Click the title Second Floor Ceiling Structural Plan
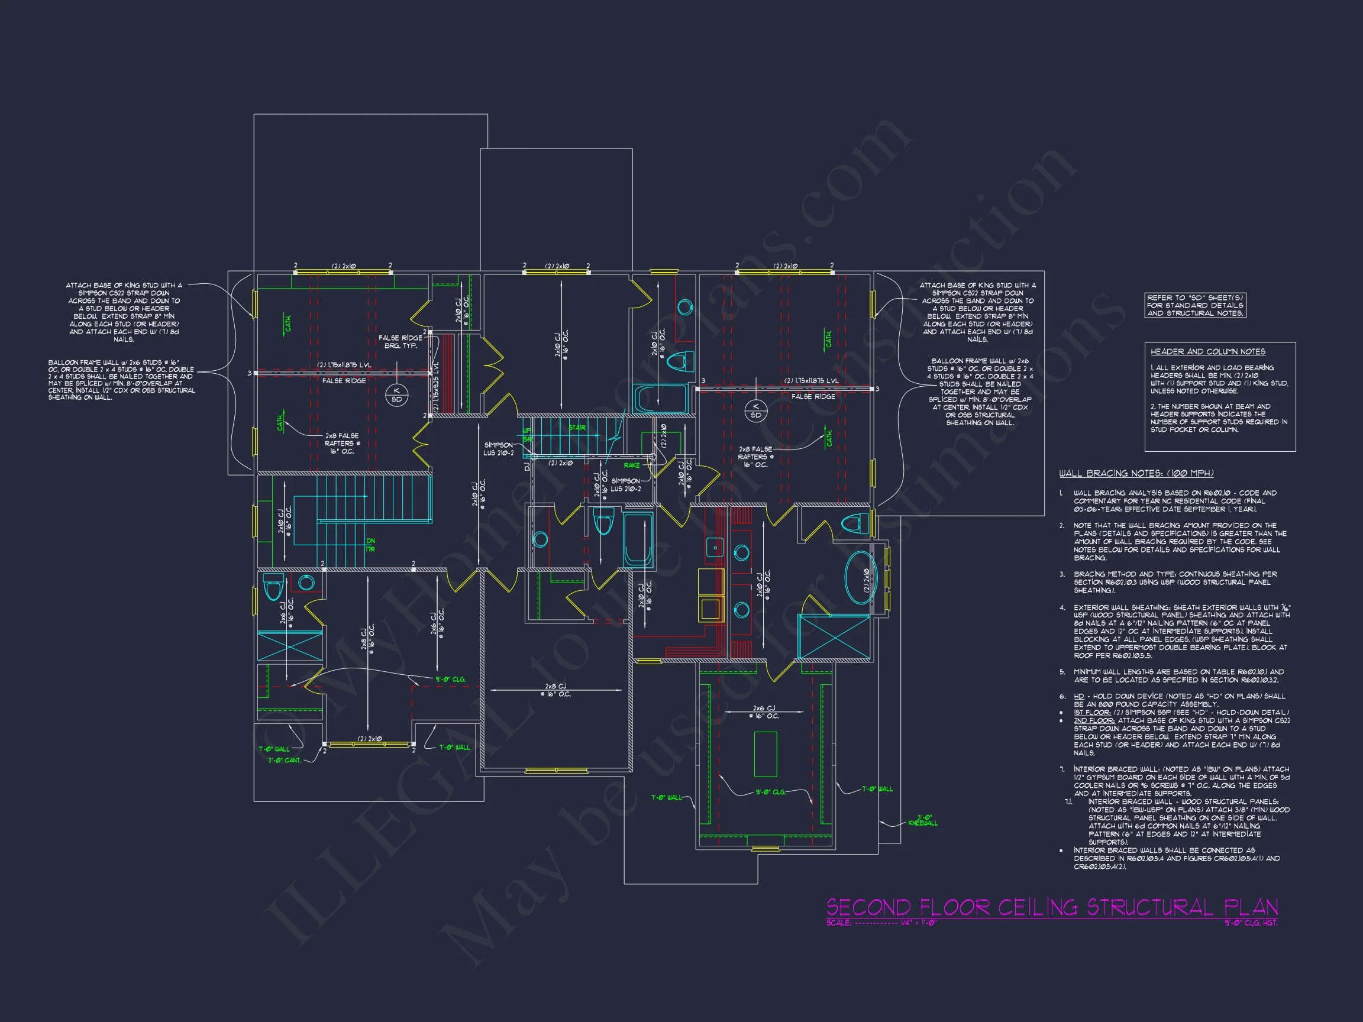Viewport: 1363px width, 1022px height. [1051, 907]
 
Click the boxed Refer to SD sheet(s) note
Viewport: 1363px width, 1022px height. [1194, 306]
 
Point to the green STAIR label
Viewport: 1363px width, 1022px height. [577, 428]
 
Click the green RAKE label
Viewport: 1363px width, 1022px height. [632, 465]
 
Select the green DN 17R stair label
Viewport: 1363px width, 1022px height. [370, 545]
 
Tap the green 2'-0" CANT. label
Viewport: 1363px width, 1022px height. [284, 761]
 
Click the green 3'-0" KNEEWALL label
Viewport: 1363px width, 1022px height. [922, 820]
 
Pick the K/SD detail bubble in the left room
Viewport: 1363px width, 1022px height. [397, 395]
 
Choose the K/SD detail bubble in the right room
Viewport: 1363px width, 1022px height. [755, 410]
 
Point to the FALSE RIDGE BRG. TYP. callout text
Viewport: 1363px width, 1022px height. [400, 342]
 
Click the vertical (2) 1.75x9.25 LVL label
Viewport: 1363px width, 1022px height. [436, 387]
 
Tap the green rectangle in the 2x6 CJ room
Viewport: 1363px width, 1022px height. [765, 754]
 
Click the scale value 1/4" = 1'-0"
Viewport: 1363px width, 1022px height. [918, 923]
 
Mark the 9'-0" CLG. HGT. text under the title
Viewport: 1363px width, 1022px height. [1251, 923]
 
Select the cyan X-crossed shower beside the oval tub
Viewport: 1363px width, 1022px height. [833, 636]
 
